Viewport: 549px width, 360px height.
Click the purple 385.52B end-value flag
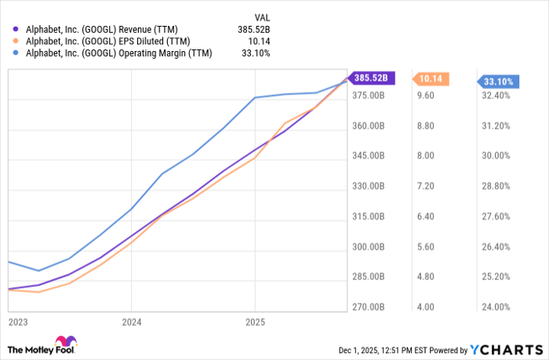(372, 78)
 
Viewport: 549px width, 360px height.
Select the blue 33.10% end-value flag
(499, 82)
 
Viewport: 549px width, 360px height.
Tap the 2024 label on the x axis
(132, 322)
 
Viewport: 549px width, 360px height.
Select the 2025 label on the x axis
(255, 322)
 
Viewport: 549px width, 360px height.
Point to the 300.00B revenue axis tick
(367, 247)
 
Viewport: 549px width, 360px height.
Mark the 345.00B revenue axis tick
(367, 156)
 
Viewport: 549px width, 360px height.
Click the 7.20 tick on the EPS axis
(424, 187)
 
